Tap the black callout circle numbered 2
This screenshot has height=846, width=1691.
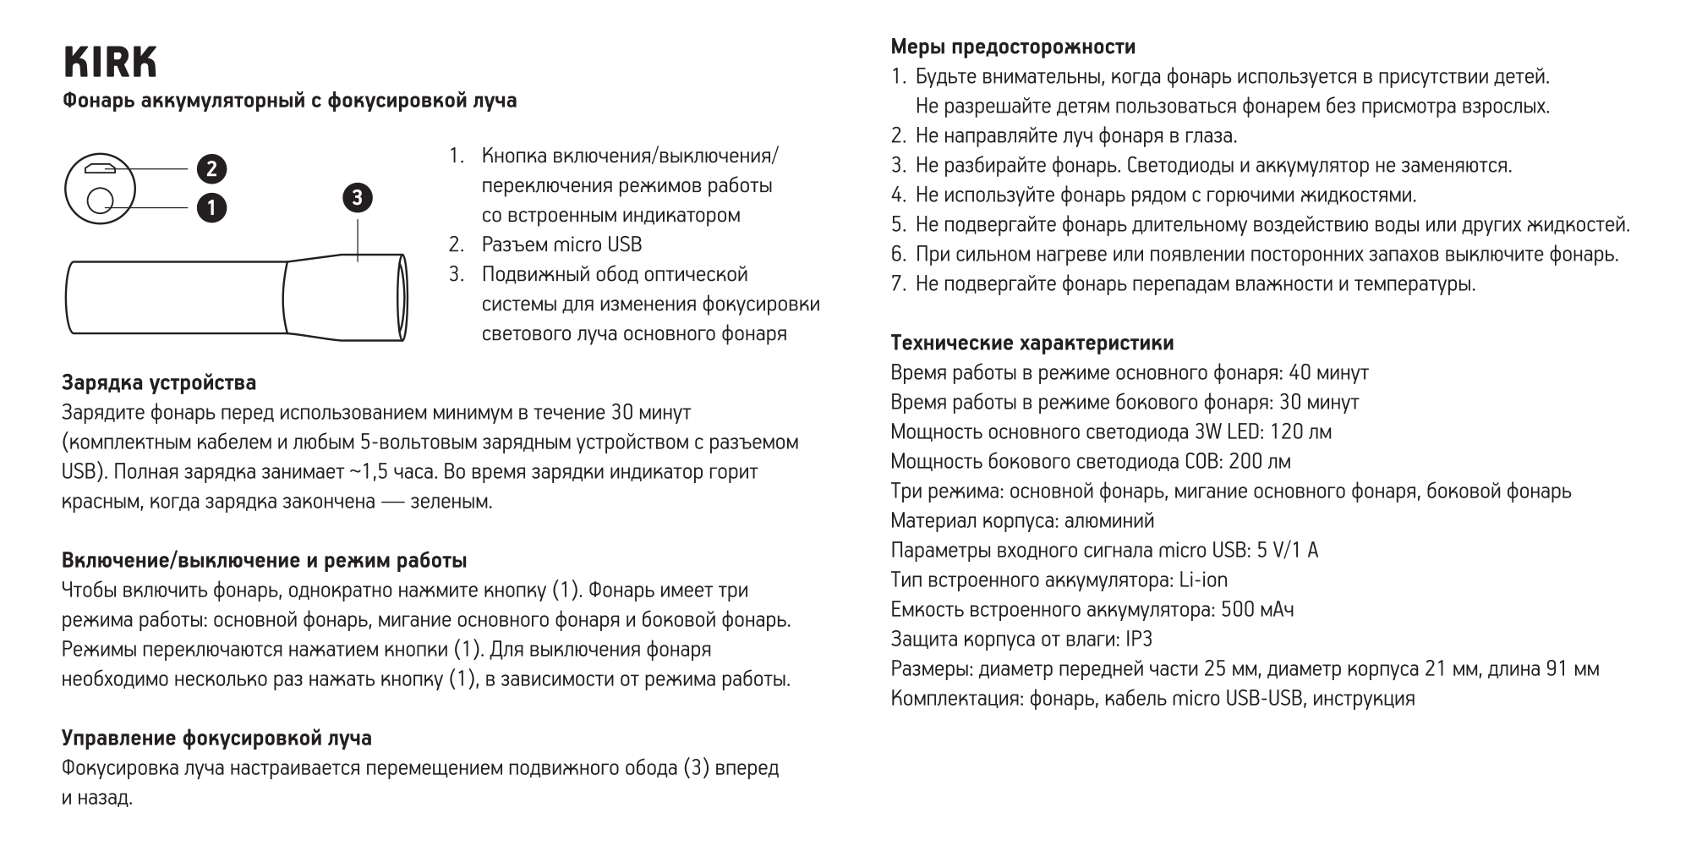[x=211, y=169]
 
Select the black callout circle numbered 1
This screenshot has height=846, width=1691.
[x=211, y=207]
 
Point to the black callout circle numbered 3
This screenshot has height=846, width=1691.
[x=357, y=198]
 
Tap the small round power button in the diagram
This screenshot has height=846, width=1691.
[x=101, y=201]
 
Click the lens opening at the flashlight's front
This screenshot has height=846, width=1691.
[x=402, y=298]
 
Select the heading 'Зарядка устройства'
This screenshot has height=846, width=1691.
[x=159, y=383]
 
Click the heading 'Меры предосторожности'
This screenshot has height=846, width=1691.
[x=1013, y=47]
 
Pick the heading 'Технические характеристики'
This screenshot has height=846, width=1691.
[x=1032, y=343]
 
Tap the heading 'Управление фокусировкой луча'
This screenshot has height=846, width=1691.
[x=216, y=739]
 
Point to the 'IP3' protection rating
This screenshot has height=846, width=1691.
[x=1138, y=640]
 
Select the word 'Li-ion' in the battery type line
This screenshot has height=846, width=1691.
[x=1203, y=580]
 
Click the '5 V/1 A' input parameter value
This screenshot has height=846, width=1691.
[x=1287, y=551]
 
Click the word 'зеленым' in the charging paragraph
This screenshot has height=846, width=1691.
[x=450, y=502]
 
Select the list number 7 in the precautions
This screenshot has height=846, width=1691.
[x=898, y=284]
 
